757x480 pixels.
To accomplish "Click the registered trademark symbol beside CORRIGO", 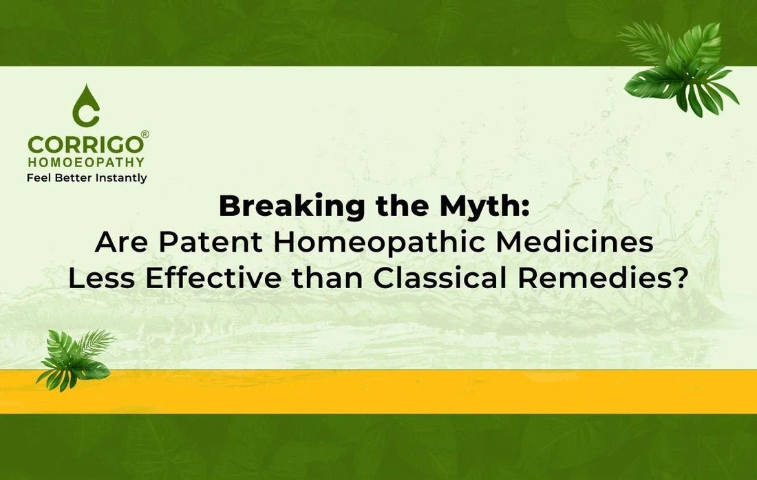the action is [145, 134].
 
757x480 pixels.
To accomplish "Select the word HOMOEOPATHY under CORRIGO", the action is [86, 162].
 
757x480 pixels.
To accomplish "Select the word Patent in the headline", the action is [211, 242].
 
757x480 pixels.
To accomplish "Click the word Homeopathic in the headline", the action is [379, 241].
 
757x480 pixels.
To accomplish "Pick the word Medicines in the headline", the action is [575, 241].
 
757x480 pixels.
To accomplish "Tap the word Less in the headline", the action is [101, 279].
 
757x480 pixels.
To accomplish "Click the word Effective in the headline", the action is [213, 279].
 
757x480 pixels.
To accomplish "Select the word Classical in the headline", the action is [440, 279].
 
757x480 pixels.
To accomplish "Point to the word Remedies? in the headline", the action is [602, 279].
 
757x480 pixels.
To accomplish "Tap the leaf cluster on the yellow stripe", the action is [76, 360].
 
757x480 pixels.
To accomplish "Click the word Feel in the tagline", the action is [39, 177].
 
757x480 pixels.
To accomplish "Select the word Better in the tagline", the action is [74, 177].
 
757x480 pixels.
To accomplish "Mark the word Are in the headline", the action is [121, 242].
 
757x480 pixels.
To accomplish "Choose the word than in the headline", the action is [328, 279].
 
